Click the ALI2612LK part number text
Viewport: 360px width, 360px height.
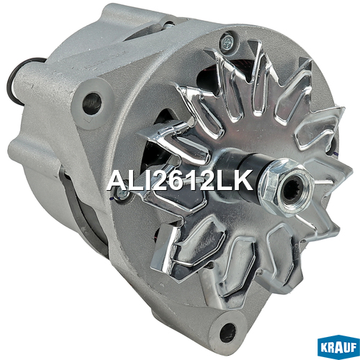[x=180, y=180]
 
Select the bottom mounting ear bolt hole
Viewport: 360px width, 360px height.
[x=228, y=333]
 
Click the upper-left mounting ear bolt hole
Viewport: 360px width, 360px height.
[x=92, y=104]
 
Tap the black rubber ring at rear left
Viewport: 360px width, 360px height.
[x=17, y=81]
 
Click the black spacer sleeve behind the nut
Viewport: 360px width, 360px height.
[x=252, y=168]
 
